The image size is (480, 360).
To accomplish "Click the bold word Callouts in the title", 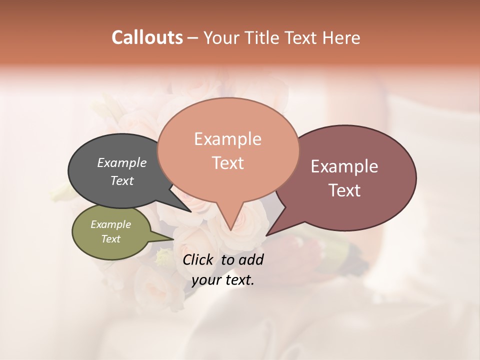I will coord(147,37).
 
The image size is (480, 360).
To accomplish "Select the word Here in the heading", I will coord(341,38).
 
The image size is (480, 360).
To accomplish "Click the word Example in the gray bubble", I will coord(122,162).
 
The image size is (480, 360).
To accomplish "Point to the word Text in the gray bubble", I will coord(122,180).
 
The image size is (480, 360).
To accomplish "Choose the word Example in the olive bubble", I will coord(110,224).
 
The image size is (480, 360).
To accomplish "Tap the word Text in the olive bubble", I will coord(110,239).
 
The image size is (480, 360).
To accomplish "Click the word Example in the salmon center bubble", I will coord(227,139).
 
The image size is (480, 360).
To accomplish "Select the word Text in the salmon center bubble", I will coord(228,163).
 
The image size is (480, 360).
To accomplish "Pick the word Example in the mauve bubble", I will coord(344,166).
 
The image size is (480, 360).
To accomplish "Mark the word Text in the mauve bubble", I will coord(345,190).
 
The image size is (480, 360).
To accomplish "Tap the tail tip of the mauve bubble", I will coord(266,235).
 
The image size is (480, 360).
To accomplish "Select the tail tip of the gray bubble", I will coord(190,211).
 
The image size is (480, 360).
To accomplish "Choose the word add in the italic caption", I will coord(251,259).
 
